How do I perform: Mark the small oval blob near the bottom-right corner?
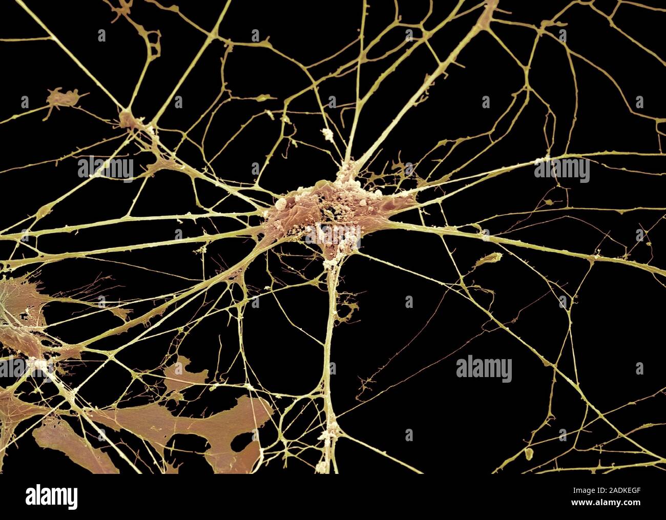coord(531,453)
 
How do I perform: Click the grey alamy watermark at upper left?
coord(106,169)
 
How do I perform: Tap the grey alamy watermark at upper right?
coord(561,169)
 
